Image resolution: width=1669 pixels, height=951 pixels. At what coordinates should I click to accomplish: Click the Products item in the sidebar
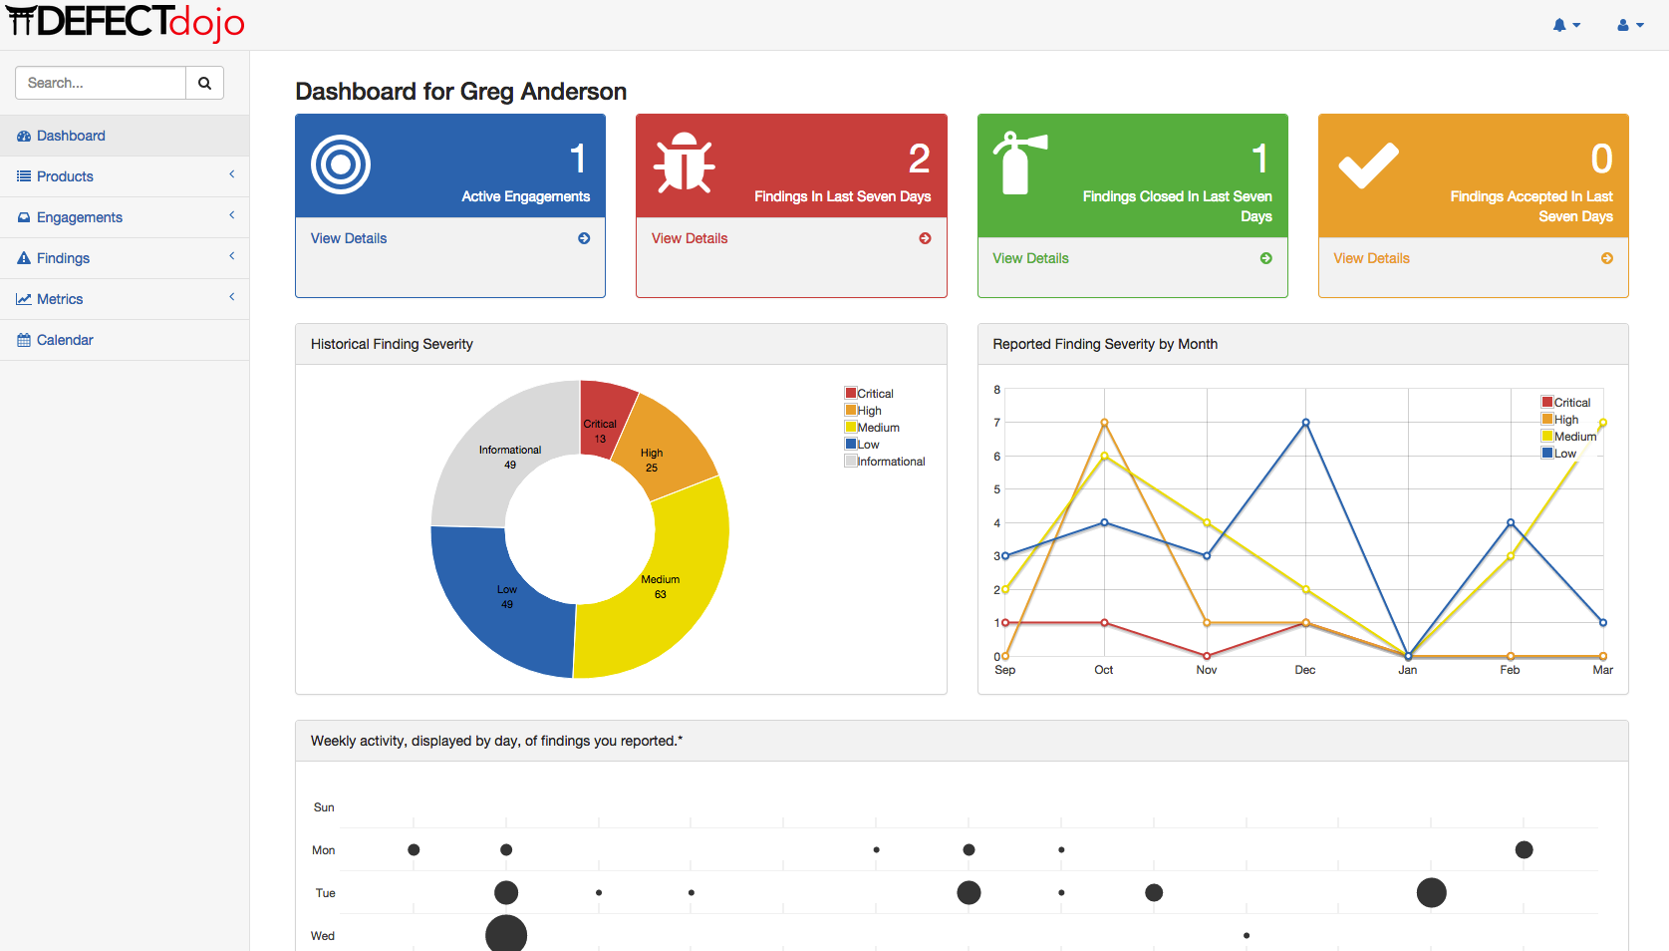[65, 176]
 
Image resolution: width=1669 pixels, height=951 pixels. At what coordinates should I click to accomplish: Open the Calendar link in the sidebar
[65, 340]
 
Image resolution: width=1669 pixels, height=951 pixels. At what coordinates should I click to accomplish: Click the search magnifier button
[204, 83]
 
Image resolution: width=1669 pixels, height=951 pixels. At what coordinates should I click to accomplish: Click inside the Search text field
[100, 83]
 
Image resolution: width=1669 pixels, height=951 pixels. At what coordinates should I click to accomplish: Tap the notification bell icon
[1559, 25]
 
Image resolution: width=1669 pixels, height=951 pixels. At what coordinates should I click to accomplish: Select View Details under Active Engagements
[349, 238]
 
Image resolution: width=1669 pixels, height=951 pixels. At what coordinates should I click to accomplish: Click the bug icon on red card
[684, 162]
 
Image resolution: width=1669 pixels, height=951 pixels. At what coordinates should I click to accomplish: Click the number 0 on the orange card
[1601, 158]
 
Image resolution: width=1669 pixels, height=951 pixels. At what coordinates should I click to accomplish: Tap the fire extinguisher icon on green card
[1017, 162]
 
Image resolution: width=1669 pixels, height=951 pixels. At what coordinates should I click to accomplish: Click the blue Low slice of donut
[498, 608]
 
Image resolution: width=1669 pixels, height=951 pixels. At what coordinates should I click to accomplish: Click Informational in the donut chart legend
[891, 462]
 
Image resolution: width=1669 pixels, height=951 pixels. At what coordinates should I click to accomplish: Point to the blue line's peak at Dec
[1305, 423]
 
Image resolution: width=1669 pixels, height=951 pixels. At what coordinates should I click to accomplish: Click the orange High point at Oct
[1104, 423]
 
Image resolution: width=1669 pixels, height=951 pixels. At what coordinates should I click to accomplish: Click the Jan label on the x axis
[1407, 670]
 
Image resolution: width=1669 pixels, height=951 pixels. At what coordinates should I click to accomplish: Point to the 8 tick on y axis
[996, 390]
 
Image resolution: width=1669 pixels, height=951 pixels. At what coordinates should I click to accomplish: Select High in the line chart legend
[1565, 420]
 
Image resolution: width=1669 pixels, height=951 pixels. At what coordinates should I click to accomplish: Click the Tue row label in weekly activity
[325, 893]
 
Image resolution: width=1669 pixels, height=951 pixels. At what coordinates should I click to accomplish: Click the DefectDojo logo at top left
[125, 22]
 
